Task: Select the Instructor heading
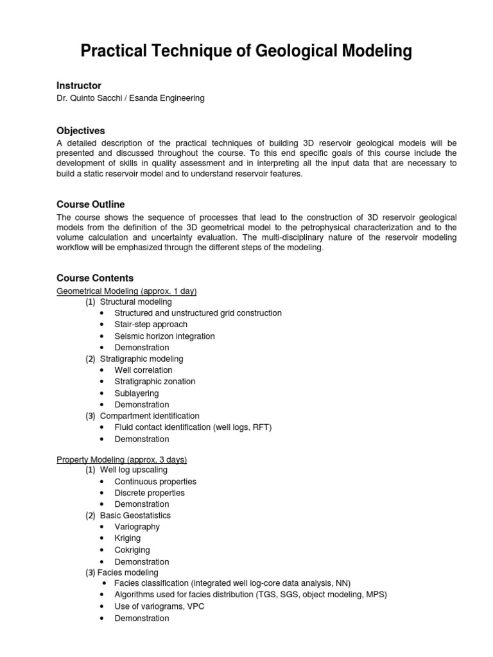tap(79, 85)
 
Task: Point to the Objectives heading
tap(81, 130)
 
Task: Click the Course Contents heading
tap(95, 278)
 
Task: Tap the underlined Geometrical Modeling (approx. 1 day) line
tap(126, 291)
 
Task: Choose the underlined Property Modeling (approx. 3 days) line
tap(121, 459)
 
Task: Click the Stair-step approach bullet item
tap(151, 325)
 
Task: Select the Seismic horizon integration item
tap(164, 336)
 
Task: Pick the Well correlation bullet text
tap(143, 370)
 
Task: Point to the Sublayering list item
tap(136, 393)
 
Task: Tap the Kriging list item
tap(127, 538)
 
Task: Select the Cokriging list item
tap(132, 550)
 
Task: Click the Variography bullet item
tap(137, 527)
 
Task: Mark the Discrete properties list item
tap(149, 493)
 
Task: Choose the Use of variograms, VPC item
tap(159, 606)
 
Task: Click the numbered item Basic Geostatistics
tap(135, 515)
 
